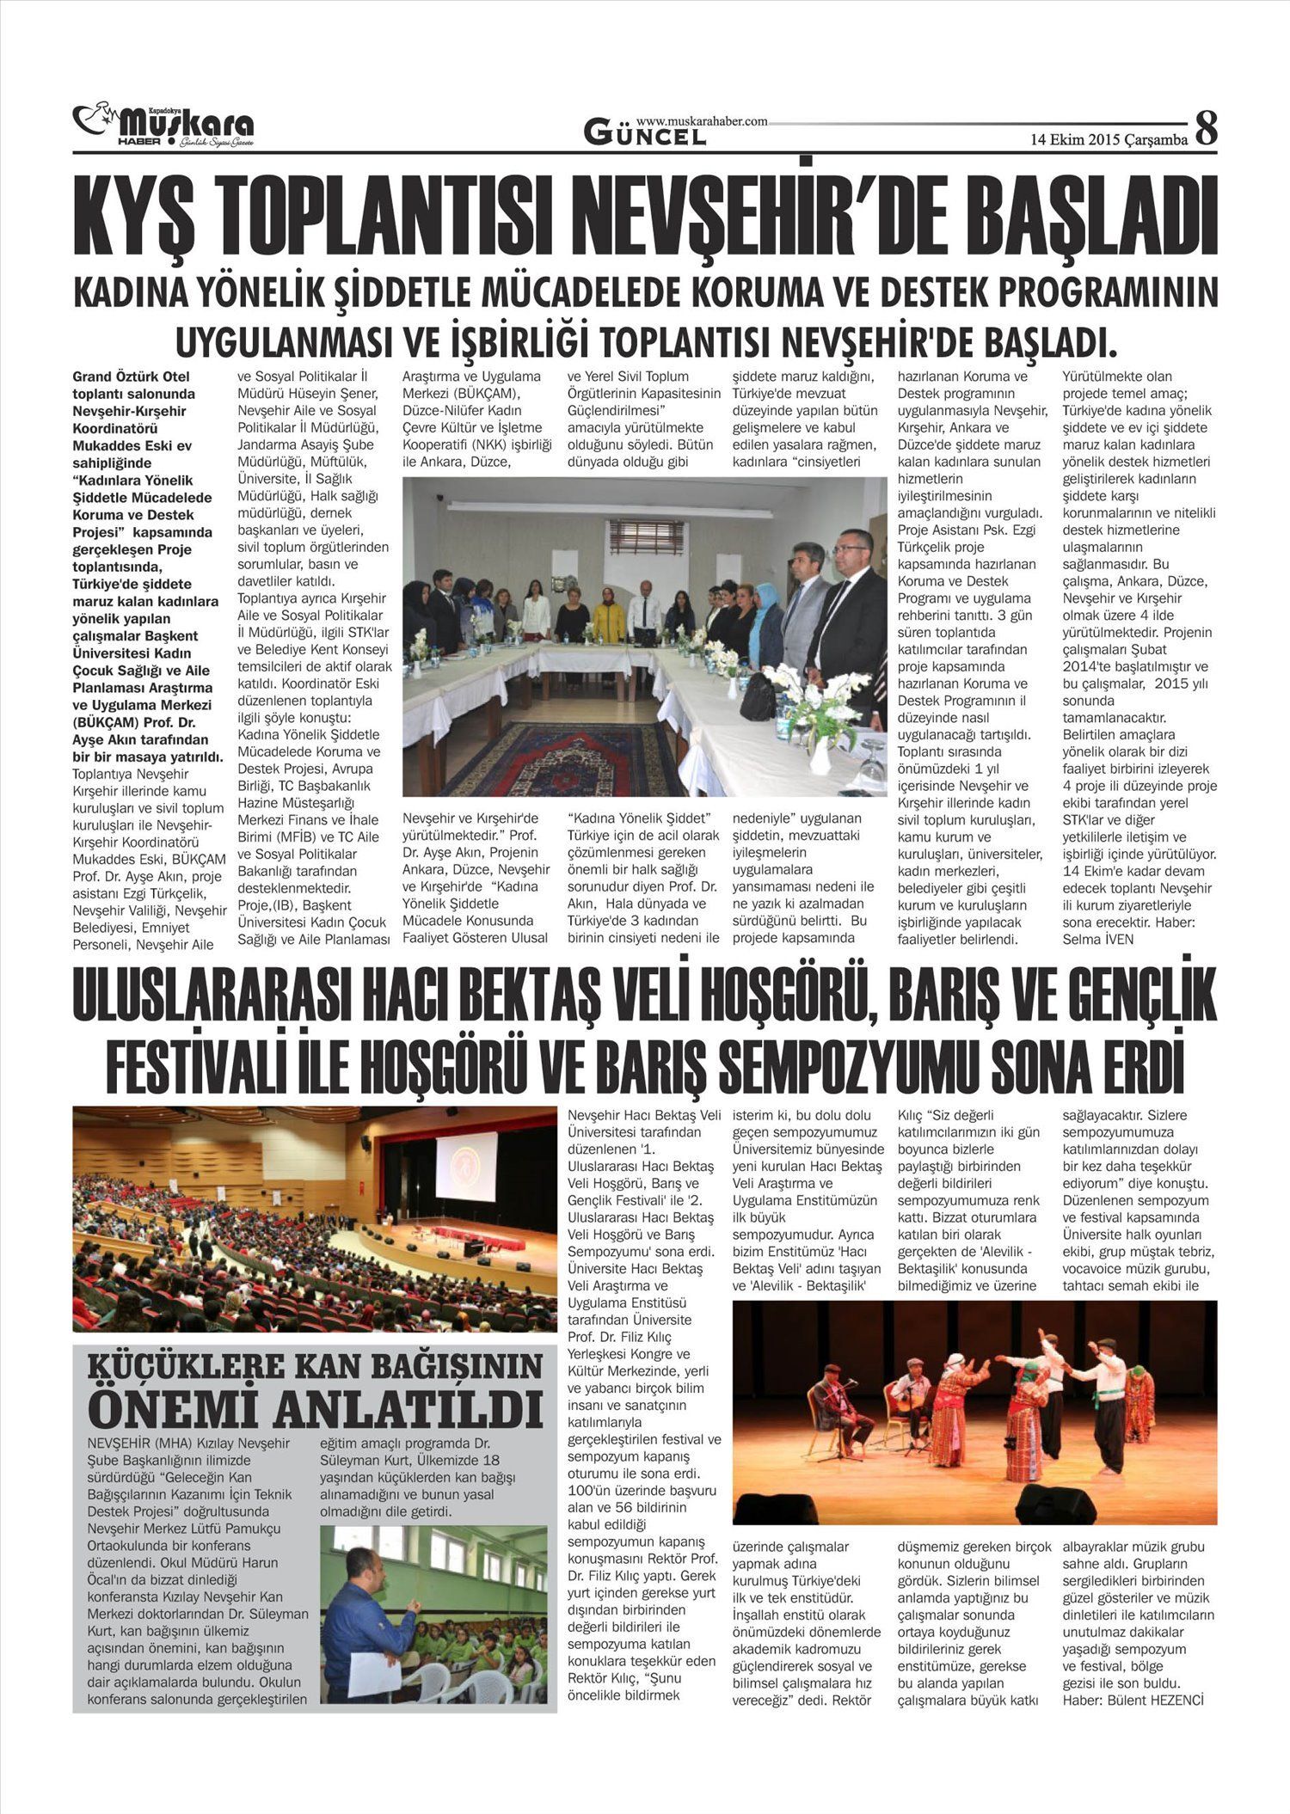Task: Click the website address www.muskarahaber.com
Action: click(702, 122)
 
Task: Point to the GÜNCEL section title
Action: click(645, 134)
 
